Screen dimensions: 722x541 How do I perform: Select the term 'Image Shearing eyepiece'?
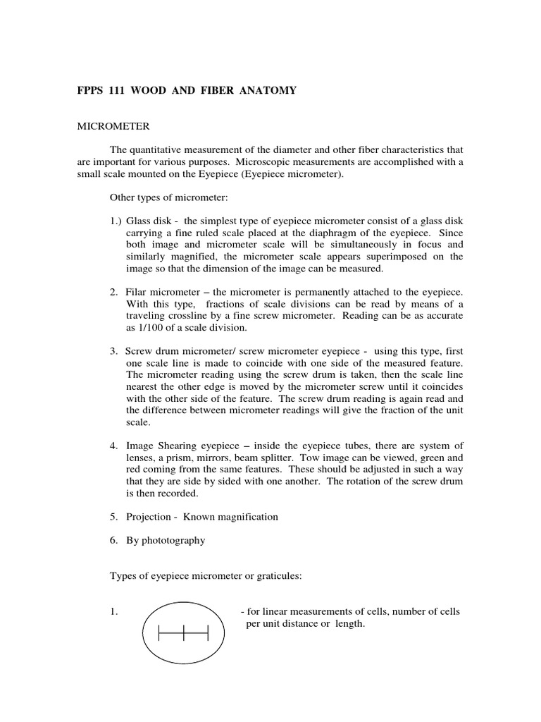[178, 446]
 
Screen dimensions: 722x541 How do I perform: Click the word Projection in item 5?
[149, 517]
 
